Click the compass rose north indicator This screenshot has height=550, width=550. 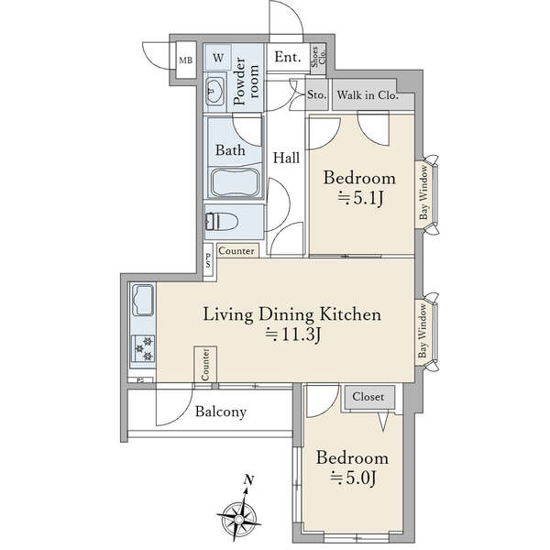240,512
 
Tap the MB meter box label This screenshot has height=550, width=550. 186,60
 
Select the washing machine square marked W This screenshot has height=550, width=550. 218,57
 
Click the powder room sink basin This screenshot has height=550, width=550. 214,91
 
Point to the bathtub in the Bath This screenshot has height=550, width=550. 235,182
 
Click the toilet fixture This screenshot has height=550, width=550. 221,222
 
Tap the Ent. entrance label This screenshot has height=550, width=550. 288,57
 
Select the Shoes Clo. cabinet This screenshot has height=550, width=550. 319,59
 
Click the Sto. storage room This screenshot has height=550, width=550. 317,94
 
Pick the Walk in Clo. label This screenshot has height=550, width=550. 368,94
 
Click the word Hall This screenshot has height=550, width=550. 286,158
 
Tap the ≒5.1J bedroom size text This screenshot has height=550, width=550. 360,199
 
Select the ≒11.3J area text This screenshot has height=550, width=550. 293,335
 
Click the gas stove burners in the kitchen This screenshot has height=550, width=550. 144,348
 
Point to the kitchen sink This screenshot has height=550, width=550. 143,301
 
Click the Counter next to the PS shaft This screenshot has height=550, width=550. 237,251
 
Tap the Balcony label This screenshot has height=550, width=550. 221,412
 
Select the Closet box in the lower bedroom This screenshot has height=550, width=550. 369,397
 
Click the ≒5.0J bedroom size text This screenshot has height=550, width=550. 353,478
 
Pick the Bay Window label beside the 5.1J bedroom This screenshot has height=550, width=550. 423,192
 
